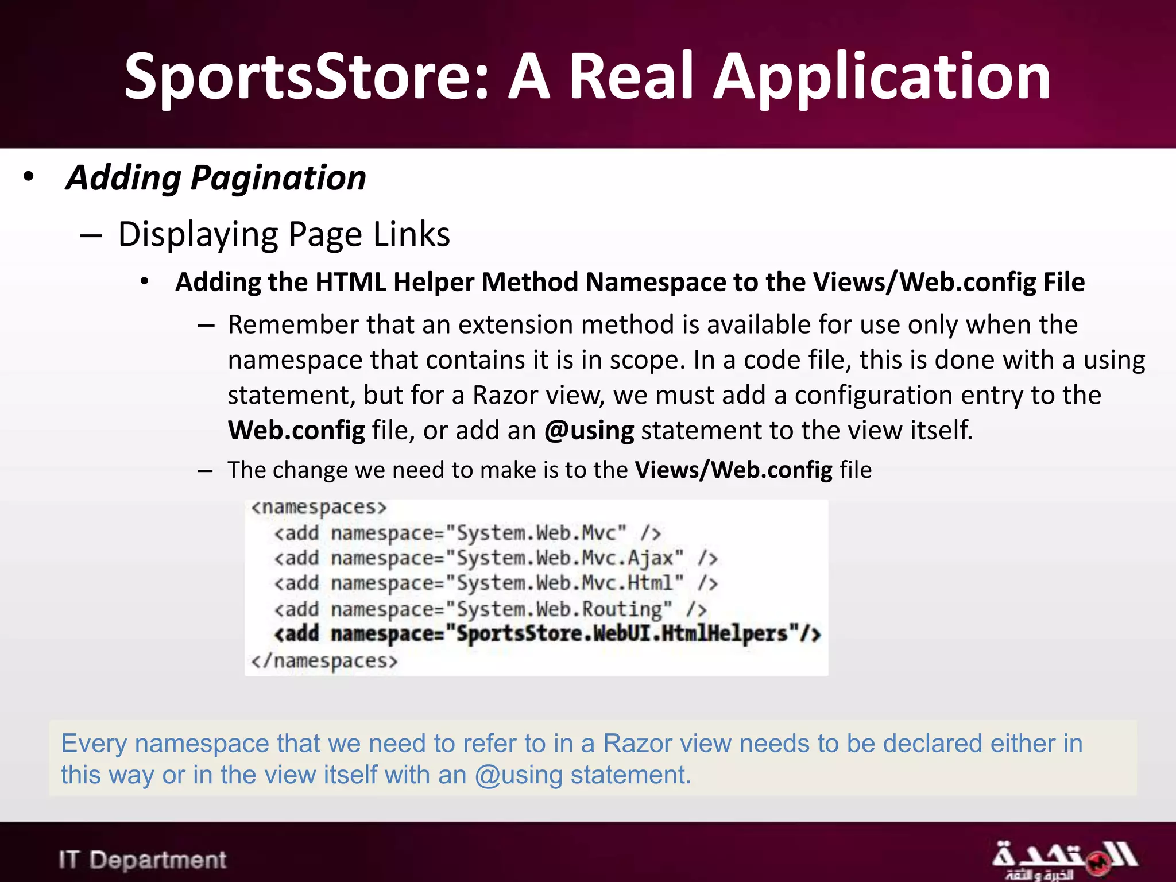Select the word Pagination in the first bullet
[x=278, y=178]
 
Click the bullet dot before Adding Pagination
[x=29, y=176]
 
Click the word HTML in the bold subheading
[x=350, y=283]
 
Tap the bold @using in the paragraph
[x=589, y=431]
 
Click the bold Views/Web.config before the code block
[x=733, y=470]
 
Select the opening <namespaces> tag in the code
[x=319, y=508]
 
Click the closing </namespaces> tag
[x=324, y=661]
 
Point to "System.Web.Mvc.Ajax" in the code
[x=564, y=558]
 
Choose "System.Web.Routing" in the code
[x=559, y=609]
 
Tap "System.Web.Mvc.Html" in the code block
[x=564, y=583]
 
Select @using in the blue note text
[x=519, y=776]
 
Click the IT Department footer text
[x=142, y=860]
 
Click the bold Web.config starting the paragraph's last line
[x=296, y=431]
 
